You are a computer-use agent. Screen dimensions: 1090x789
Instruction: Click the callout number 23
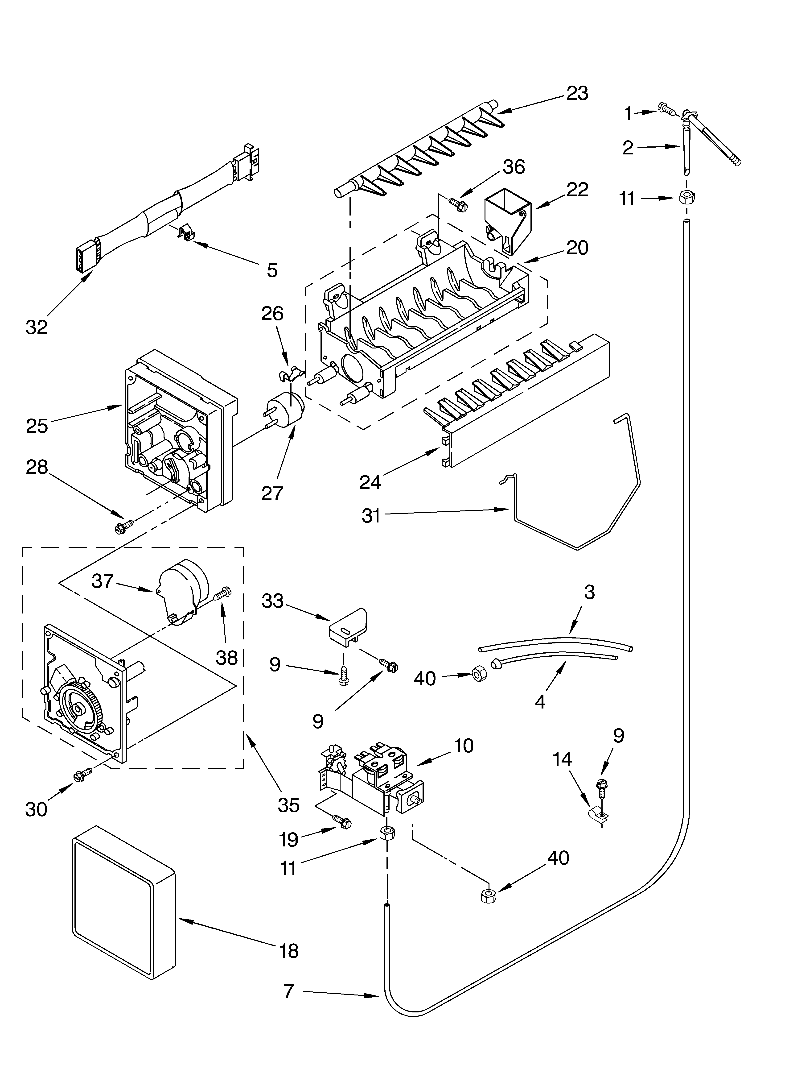tap(577, 93)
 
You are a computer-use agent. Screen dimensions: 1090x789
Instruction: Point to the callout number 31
tap(371, 516)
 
